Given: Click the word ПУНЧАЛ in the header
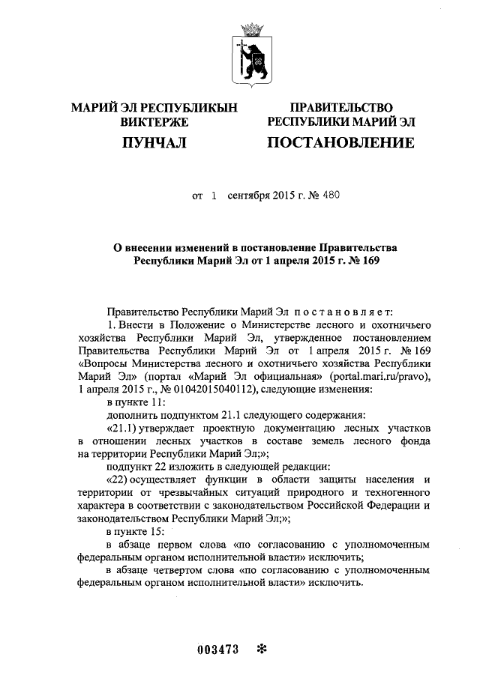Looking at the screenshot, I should point(154,142).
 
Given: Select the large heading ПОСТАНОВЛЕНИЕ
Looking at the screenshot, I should point(340,142).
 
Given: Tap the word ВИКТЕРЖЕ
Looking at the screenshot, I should point(154,121).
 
